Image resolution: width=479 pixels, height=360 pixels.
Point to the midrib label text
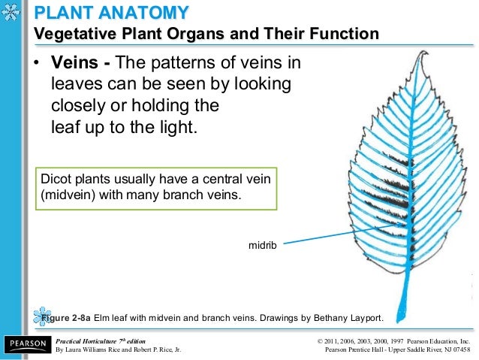262,244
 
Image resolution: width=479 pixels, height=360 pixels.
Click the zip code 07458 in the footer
456,349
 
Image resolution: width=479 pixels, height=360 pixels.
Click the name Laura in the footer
77,349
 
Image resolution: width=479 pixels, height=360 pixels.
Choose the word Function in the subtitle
345,35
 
